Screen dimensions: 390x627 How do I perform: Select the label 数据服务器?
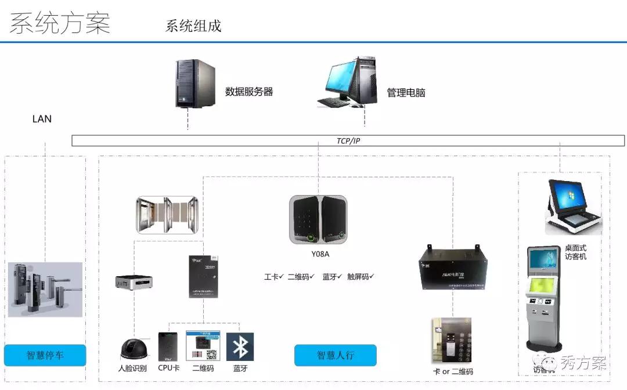[249, 92]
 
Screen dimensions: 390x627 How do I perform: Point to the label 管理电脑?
[406, 92]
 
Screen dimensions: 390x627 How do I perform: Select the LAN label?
[42, 119]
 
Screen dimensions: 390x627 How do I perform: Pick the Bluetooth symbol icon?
[240, 347]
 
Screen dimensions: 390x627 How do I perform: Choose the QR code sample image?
[203, 346]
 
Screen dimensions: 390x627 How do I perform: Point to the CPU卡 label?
[169, 369]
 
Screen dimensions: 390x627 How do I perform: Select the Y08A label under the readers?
[319, 254]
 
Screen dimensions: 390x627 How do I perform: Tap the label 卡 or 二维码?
[453, 372]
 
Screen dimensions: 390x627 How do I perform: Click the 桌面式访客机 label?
[575, 252]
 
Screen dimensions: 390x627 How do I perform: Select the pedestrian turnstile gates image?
[167, 215]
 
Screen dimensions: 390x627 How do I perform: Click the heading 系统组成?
[193, 26]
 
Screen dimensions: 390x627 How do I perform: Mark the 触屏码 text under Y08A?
[360, 277]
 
